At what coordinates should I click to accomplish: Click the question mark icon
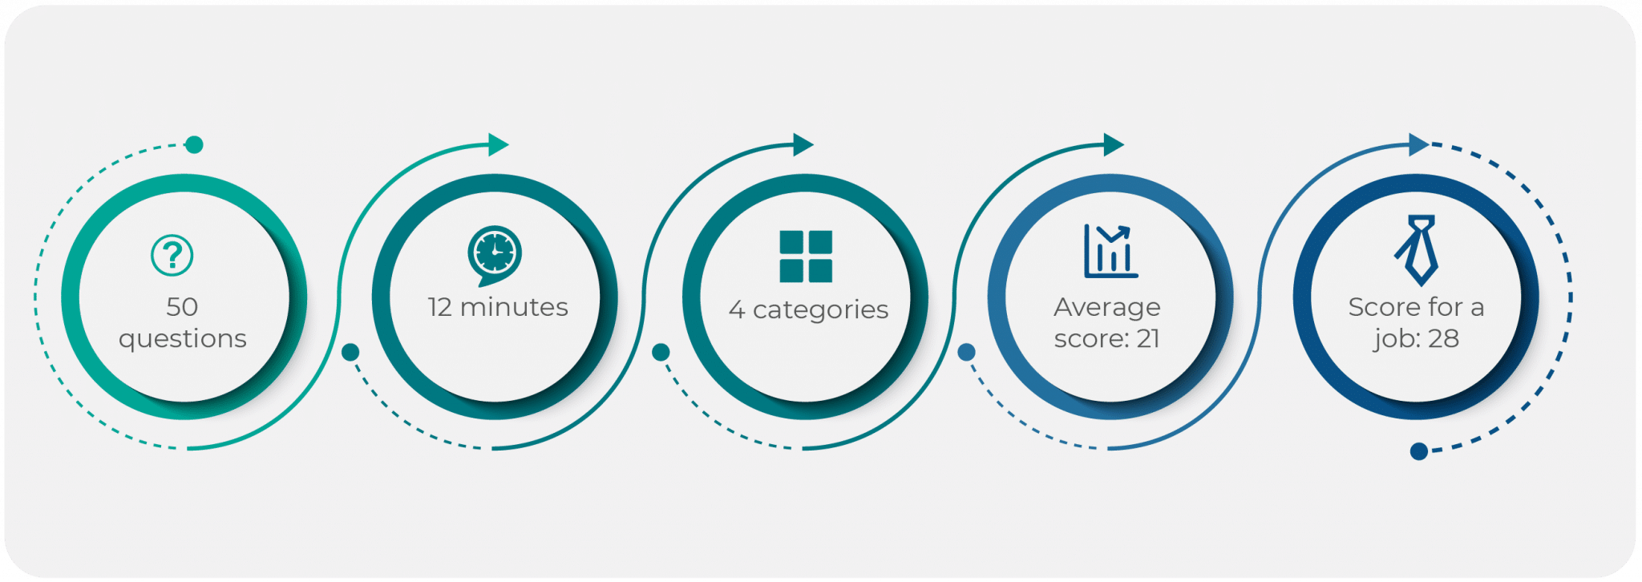coord(172,255)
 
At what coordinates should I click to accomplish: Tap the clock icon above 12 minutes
coord(495,253)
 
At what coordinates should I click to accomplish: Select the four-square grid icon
coord(806,257)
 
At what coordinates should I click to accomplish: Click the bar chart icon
coord(1110,251)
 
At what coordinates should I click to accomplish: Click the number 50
coord(182,307)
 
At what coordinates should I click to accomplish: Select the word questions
coord(183,339)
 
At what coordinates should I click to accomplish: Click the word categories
coord(820,309)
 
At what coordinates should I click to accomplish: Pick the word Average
coord(1106,307)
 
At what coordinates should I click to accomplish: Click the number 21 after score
coord(1148,339)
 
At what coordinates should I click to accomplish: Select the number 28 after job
coord(1443,339)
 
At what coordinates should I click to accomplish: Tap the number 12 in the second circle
coord(440,307)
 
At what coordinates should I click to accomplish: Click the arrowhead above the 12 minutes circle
coord(499,145)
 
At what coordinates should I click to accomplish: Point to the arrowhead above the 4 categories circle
coord(803,145)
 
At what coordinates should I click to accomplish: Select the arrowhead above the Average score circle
coord(1114,145)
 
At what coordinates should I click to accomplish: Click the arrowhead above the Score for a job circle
coord(1419,145)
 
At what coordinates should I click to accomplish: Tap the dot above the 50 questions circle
coord(194,145)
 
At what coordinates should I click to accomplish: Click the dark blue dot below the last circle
coord(1418,451)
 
